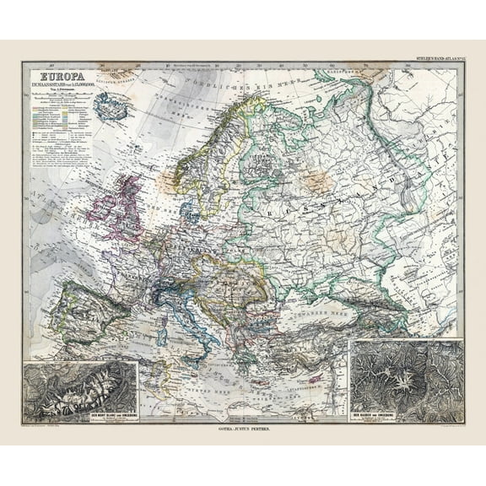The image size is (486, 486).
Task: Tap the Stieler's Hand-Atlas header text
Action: pyautogui.click(x=434, y=57)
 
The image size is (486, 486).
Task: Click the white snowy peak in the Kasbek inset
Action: pyautogui.click(x=397, y=371)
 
